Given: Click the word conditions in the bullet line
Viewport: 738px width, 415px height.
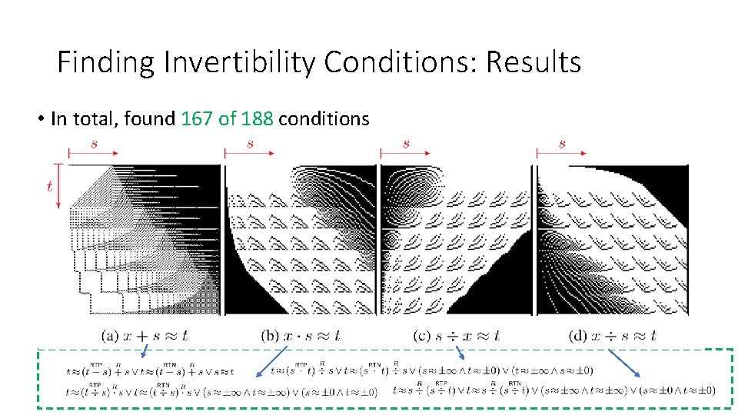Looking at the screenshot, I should tap(324, 119).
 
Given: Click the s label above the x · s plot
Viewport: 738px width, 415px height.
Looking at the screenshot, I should tap(250, 144).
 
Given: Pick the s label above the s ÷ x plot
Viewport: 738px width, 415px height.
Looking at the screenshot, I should tap(406, 144).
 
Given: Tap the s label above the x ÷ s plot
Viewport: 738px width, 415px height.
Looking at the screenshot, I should tap(562, 144).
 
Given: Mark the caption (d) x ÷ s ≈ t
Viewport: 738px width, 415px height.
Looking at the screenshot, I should tap(613, 335).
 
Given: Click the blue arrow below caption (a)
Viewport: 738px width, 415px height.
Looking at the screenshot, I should tap(144, 352).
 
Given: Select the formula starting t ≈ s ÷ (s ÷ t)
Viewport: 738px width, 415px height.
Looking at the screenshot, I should tap(553, 390).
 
